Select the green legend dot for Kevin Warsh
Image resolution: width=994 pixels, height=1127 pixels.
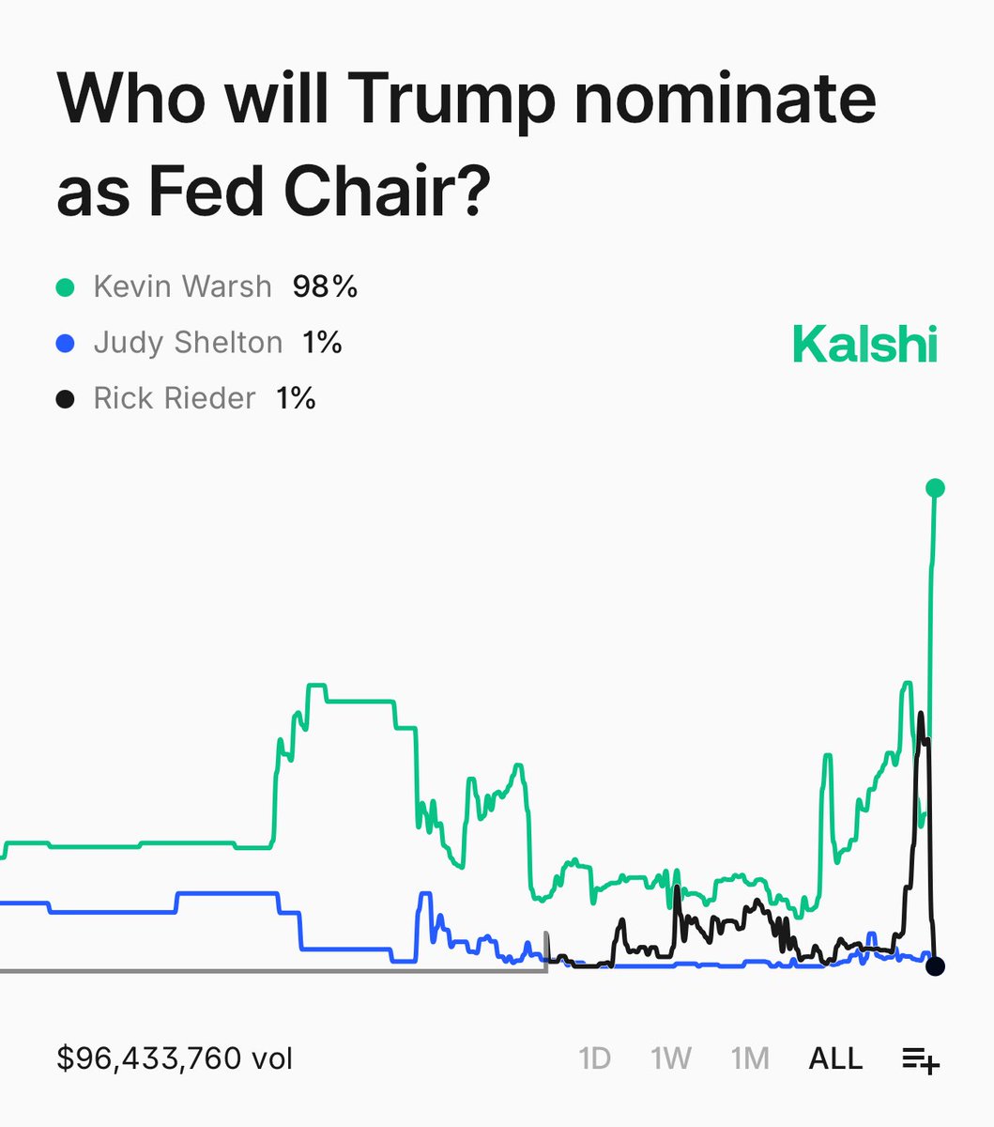tap(65, 286)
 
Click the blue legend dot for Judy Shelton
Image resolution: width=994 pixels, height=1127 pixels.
tap(65, 343)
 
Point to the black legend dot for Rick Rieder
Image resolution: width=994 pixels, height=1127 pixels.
tap(65, 399)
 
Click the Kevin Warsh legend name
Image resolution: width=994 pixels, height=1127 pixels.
tap(182, 286)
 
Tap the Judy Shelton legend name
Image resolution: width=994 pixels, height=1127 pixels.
tap(188, 343)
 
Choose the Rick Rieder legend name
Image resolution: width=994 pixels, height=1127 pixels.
tap(175, 399)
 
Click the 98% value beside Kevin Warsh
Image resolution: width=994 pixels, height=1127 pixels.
tap(325, 286)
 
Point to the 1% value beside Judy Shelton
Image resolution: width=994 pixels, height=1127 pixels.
tap(322, 343)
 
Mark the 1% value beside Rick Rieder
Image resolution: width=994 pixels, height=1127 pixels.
tap(296, 399)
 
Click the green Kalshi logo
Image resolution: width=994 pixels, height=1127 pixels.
tap(864, 344)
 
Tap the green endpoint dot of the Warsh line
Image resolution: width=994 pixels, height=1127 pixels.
tap(935, 487)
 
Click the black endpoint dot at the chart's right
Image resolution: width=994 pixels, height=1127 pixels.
tap(935, 966)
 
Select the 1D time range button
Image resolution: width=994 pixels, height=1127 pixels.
tap(595, 1059)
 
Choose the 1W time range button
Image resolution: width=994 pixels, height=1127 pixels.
tap(671, 1059)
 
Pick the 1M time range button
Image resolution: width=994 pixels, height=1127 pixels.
tap(750, 1059)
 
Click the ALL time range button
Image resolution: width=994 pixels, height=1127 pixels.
tap(835, 1059)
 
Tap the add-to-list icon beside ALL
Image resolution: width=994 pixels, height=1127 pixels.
tap(921, 1060)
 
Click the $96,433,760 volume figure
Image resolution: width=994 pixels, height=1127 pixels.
tap(175, 1059)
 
